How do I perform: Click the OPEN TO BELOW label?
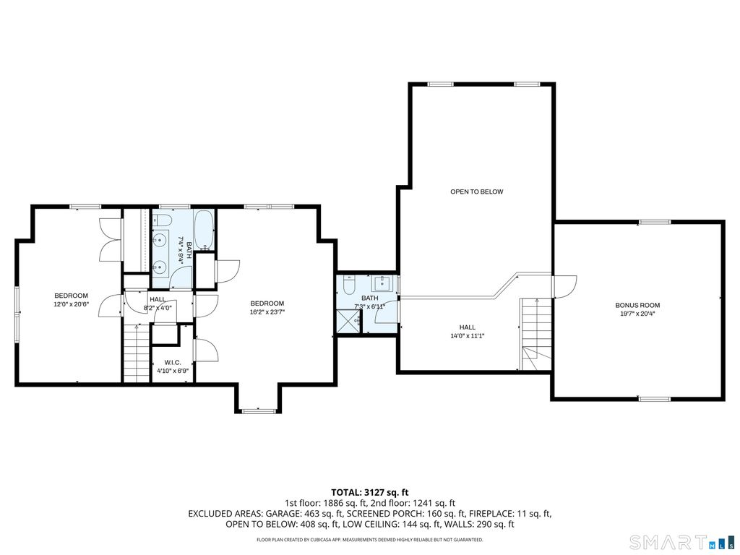tap(477, 192)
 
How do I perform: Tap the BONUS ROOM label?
tap(637, 306)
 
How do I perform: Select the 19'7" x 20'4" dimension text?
tap(637, 314)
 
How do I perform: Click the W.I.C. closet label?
tap(173, 363)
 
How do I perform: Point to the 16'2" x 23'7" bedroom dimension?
tap(267, 311)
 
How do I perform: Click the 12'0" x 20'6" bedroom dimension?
tap(72, 304)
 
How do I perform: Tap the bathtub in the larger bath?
tap(205, 230)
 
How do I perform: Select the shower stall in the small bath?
tap(349, 322)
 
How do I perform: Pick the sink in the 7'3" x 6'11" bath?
tap(381, 283)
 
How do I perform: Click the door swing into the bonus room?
tap(564, 286)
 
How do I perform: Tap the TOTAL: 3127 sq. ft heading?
tap(369, 493)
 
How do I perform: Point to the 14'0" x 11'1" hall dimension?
tap(468, 336)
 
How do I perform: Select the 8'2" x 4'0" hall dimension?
tap(158, 308)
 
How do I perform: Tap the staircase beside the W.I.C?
tap(137, 353)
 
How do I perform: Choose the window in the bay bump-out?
tap(259, 411)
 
